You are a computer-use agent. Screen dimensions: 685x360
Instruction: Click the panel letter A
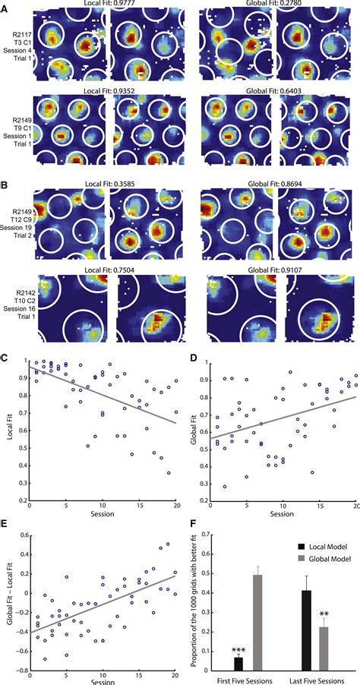(6, 6)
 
